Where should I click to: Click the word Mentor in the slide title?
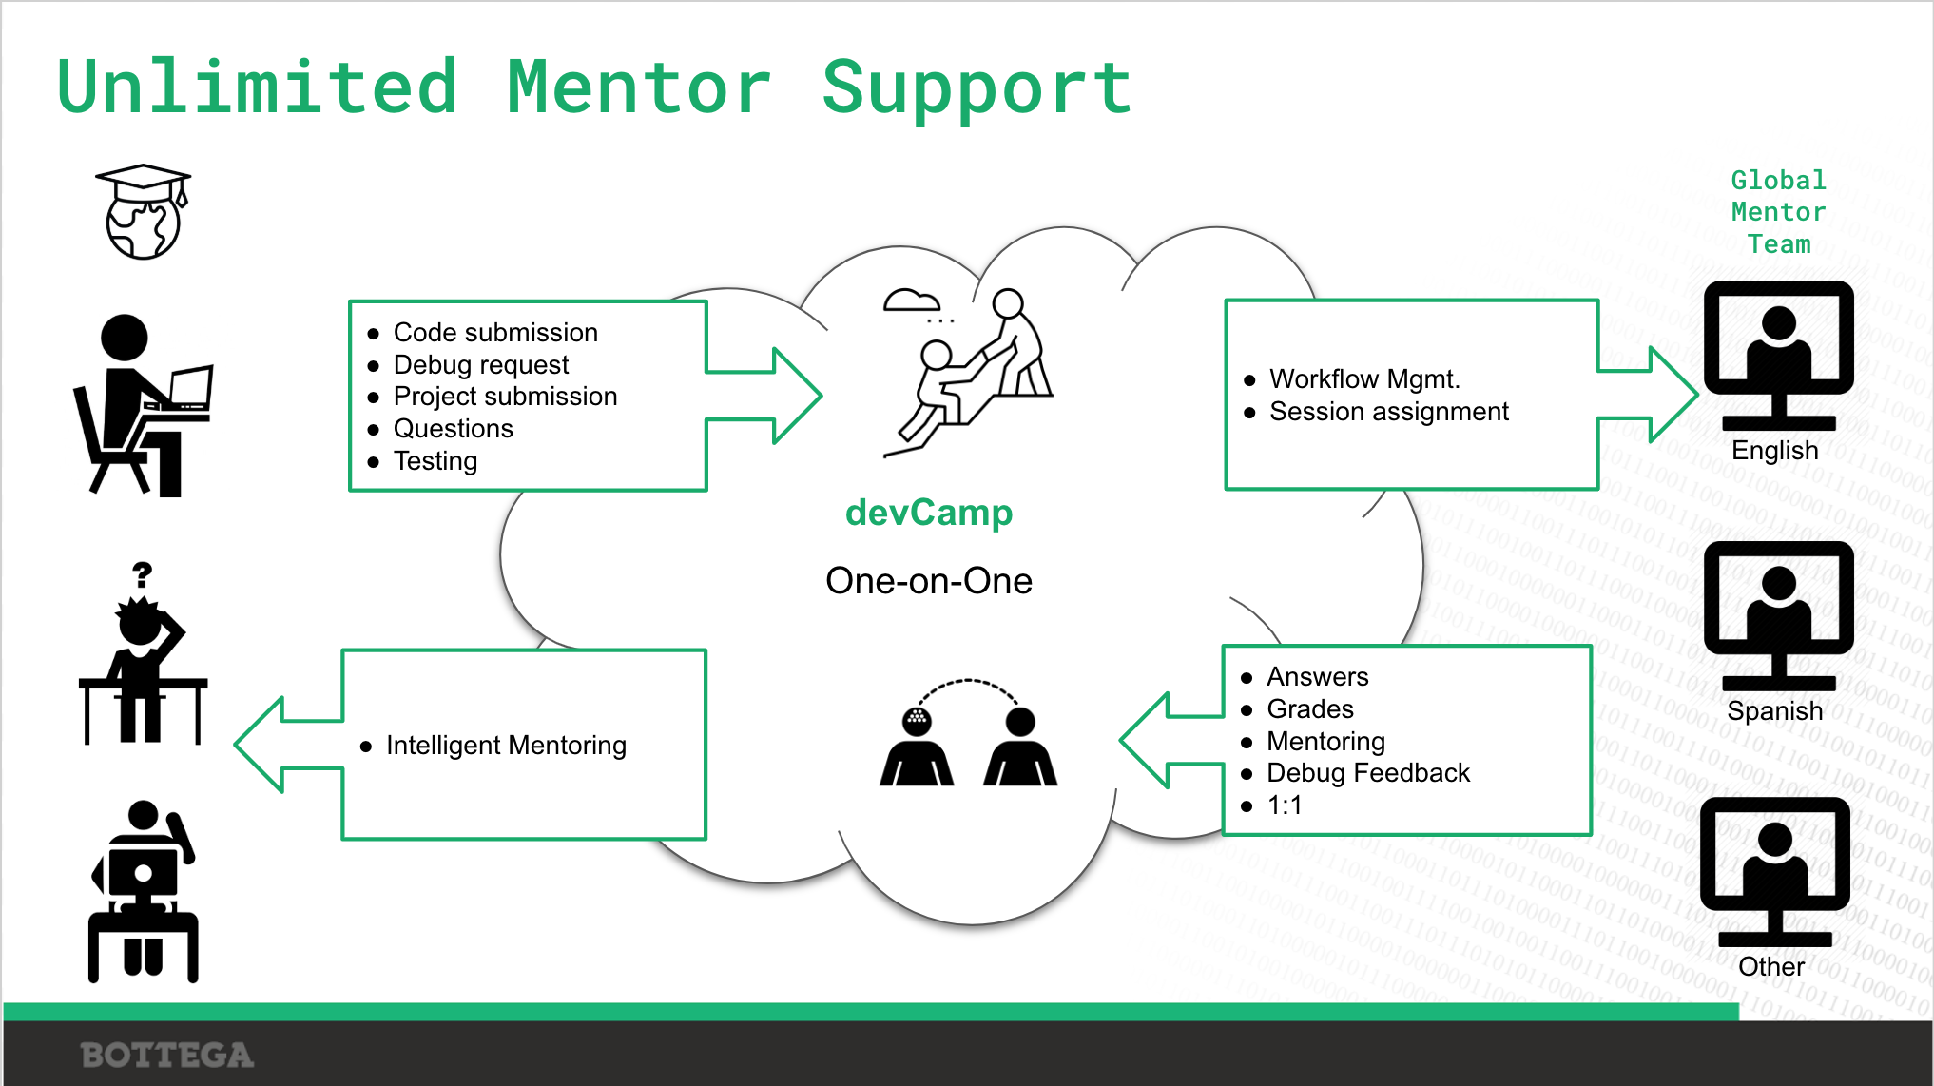(x=638, y=87)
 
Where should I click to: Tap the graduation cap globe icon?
(x=143, y=211)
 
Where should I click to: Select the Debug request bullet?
(x=480, y=365)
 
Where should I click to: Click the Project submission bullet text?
(x=505, y=397)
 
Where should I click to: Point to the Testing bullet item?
(x=435, y=461)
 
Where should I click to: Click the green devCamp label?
(x=929, y=514)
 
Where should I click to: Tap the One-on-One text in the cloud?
(x=929, y=581)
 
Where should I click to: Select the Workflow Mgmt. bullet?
(x=1363, y=379)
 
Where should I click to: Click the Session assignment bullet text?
(x=1388, y=412)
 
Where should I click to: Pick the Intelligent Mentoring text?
(x=506, y=746)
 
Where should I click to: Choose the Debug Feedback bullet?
(x=1367, y=773)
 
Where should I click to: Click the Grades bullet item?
(x=1309, y=709)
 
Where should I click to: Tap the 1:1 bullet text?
(x=1284, y=805)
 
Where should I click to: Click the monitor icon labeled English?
(x=1778, y=352)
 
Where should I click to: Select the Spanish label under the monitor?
(x=1774, y=711)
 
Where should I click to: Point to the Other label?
(x=1770, y=967)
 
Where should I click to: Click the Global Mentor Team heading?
(x=1778, y=212)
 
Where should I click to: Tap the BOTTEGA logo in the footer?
(x=167, y=1055)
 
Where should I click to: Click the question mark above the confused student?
(x=143, y=574)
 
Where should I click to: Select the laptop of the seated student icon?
(x=191, y=388)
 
